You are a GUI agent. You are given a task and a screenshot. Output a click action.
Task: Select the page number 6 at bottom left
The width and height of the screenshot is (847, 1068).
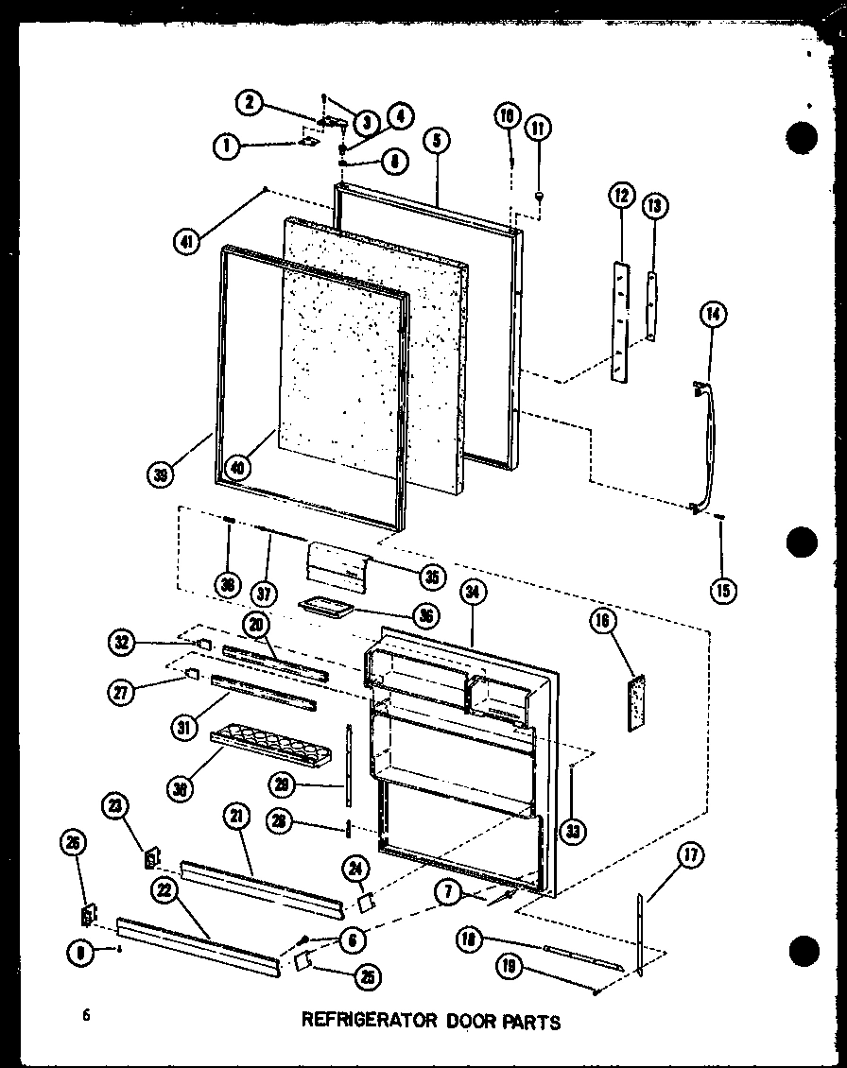86,1015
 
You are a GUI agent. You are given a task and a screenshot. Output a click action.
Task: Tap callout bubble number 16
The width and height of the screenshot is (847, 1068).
601,621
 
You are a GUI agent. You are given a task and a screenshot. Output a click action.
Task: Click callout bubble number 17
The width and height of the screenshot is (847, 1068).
691,857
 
